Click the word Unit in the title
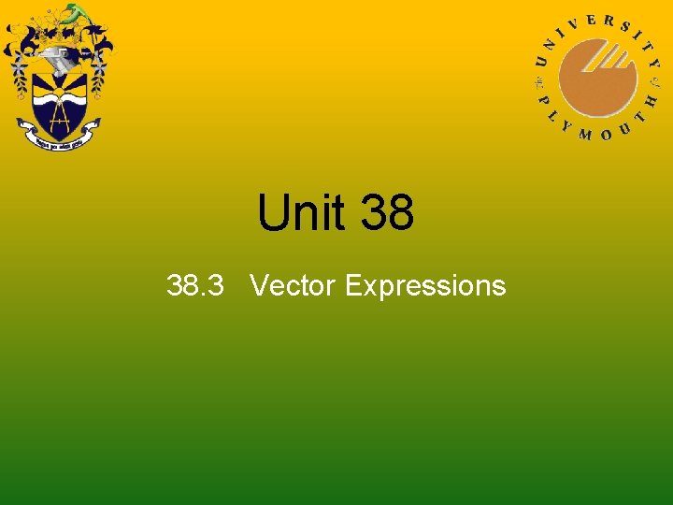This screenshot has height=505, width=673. (301, 213)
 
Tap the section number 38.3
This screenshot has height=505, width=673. (194, 285)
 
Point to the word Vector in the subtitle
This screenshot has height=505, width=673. (293, 285)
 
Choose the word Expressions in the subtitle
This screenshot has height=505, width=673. (425, 285)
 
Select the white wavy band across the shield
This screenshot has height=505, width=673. (59, 98)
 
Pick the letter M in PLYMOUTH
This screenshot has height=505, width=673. (586, 134)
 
